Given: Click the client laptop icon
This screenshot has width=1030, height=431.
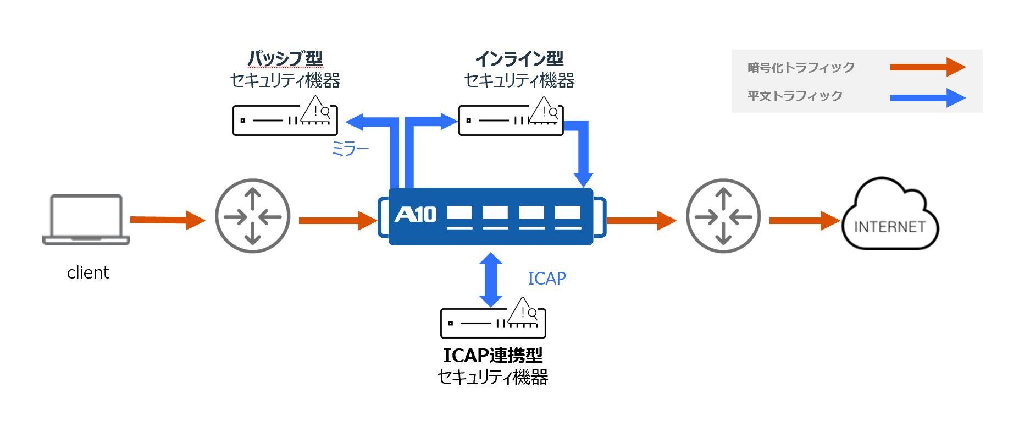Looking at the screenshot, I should click(x=86, y=219).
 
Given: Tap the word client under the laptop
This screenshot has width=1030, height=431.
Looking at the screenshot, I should click(x=88, y=272).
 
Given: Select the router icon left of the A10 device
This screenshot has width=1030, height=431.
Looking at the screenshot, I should click(x=252, y=216).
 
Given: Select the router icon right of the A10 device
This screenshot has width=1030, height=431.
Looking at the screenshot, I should click(x=723, y=216).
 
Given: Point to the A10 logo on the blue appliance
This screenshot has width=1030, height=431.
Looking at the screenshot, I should click(x=415, y=214).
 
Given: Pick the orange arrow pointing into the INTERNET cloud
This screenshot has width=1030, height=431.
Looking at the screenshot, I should click(x=804, y=220).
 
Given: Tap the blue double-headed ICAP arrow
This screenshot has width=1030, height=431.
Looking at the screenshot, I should click(x=490, y=279).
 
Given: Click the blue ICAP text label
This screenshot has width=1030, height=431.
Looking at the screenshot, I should click(x=546, y=279).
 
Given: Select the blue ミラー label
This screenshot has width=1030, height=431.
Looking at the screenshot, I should click(x=350, y=149).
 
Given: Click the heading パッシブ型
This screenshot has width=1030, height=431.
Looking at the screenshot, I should click(x=285, y=58).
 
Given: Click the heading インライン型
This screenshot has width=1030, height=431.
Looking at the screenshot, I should click(x=519, y=58).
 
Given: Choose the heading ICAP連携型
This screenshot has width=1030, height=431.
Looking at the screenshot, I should click(x=492, y=356).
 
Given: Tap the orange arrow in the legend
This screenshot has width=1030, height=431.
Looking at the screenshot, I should click(x=927, y=67).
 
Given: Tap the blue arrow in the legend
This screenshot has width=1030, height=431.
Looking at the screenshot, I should click(x=927, y=98).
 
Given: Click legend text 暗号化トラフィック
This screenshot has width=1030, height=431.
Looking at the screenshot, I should click(x=801, y=67).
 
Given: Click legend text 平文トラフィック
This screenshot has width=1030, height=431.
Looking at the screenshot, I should click(x=795, y=96).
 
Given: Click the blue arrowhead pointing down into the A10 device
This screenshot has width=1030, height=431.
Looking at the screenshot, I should click(x=583, y=179).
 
